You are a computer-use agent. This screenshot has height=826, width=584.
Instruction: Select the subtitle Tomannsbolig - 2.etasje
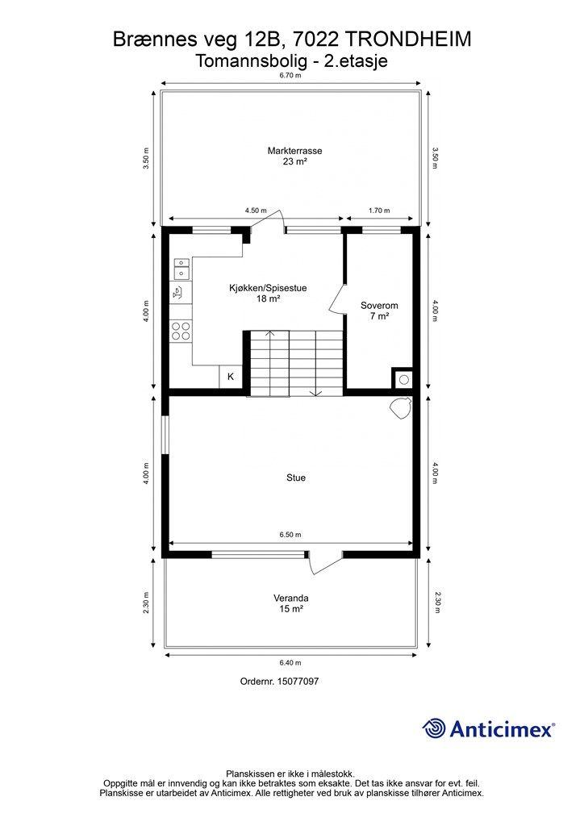[291, 60]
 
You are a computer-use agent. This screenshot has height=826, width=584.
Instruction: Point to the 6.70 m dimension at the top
[291, 75]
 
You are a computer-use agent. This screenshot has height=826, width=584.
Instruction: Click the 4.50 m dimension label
[256, 211]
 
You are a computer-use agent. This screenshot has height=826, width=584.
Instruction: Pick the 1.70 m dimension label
[378, 211]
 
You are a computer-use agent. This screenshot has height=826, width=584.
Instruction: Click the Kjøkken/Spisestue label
[268, 293]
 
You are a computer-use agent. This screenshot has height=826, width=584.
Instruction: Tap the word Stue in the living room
[295, 478]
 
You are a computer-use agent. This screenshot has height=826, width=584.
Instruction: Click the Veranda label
[291, 603]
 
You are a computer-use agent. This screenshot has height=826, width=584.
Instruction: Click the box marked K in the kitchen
[231, 377]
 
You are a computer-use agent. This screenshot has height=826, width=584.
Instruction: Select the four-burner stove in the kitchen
[181, 330]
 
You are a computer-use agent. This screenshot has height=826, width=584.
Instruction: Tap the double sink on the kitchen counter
[181, 268]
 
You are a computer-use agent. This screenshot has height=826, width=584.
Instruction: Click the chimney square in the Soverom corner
[402, 378]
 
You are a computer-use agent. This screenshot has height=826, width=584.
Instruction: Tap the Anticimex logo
[489, 728]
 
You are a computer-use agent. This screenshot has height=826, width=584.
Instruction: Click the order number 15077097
[280, 682]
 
